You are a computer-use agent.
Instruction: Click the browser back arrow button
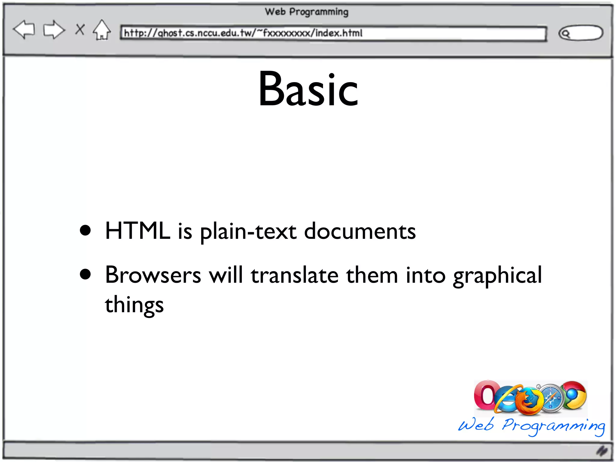tap(24, 30)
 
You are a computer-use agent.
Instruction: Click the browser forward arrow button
tap(54, 30)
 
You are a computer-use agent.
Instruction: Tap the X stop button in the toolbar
tap(80, 29)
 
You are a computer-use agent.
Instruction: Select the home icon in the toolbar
tap(102, 30)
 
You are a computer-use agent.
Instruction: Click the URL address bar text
tap(243, 33)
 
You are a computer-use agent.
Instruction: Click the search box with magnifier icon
tap(581, 33)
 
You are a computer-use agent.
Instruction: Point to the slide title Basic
tap(308, 89)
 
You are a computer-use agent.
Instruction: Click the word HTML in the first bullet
tap(138, 231)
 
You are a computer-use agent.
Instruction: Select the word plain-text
tap(248, 232)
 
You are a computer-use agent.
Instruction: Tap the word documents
tap(360, 231)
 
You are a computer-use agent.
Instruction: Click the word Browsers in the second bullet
tap(153, 275)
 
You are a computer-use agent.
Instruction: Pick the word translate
tap(295, 275)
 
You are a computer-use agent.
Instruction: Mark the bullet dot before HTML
tap(85, 230)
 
